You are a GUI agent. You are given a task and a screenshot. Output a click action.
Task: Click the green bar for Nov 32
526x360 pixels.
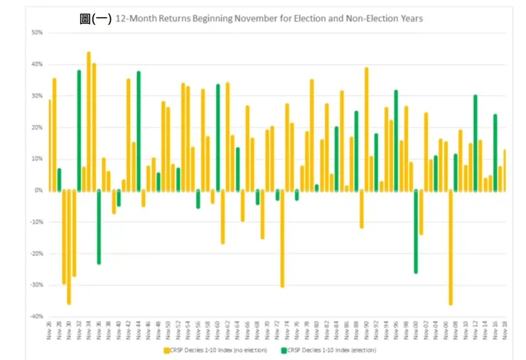point(79,130)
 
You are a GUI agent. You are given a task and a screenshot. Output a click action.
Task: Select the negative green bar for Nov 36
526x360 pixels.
point(99,227)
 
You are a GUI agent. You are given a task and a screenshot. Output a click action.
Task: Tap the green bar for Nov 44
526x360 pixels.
point(139,131)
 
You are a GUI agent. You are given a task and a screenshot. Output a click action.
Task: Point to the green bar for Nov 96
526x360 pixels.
point(396,140)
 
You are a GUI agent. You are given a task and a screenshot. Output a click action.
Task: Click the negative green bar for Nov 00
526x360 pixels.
point(416,231)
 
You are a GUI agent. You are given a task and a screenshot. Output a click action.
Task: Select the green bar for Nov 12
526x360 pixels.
point(475,142)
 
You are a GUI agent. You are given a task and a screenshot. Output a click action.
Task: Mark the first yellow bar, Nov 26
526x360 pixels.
point(50,145)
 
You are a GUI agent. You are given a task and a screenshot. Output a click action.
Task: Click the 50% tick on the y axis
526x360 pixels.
point(38,33)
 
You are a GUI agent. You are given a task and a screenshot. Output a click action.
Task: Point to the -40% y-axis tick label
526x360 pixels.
point(36,316)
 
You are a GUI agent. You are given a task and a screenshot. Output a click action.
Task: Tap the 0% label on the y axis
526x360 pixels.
point(39,190)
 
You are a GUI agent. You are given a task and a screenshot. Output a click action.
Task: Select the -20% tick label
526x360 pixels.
point(36,253)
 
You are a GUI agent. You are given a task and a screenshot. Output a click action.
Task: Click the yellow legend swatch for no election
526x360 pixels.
point(166,349)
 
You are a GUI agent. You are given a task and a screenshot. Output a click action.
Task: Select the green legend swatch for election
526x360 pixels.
point(284,349)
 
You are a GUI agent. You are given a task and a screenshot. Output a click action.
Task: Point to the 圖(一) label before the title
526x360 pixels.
point(95,18)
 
